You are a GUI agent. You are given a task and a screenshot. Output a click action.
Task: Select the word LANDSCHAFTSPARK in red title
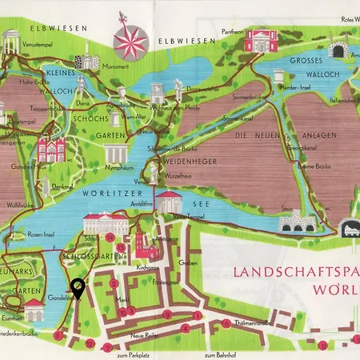[296, 272]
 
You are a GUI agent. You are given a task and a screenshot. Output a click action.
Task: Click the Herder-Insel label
[301, 86]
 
